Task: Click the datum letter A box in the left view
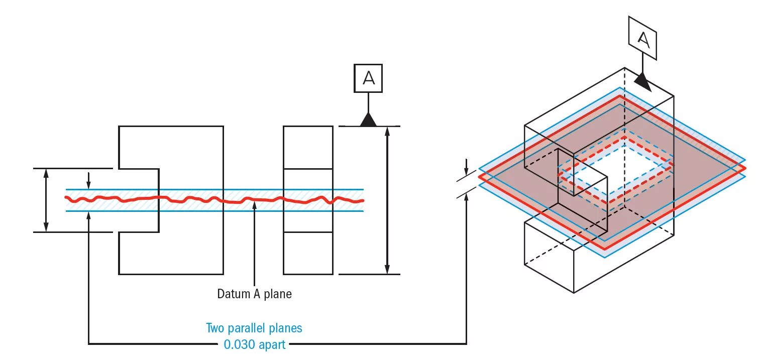point(368,78)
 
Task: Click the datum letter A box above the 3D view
point(643,40)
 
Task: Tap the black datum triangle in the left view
point(369,119)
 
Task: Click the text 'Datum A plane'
point(254,294)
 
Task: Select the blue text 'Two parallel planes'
point(254,328)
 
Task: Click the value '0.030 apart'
point(254,344)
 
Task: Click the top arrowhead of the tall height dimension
point(387,132)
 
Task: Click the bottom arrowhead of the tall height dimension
point(387,269)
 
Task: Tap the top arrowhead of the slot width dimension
point(46,174)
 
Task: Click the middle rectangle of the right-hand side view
point(308,200)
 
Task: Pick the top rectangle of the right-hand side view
point(308,147)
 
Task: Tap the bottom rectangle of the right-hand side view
point(308,253)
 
